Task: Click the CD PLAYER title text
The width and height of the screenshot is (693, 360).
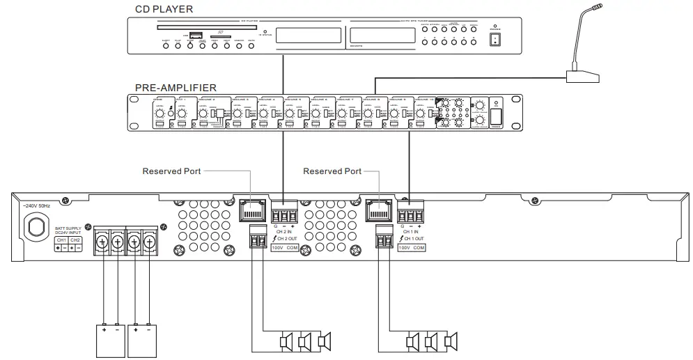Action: [x=164, y=9]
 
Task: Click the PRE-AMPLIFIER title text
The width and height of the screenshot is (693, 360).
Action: [x=175, y=88]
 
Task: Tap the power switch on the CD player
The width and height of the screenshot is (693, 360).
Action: [x=495, y=40]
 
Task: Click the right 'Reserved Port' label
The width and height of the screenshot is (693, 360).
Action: [x=333, y=171]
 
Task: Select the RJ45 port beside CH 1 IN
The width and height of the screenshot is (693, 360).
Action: [x=377, y=210]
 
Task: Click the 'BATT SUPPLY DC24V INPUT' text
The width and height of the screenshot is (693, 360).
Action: [x=69, y=230]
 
